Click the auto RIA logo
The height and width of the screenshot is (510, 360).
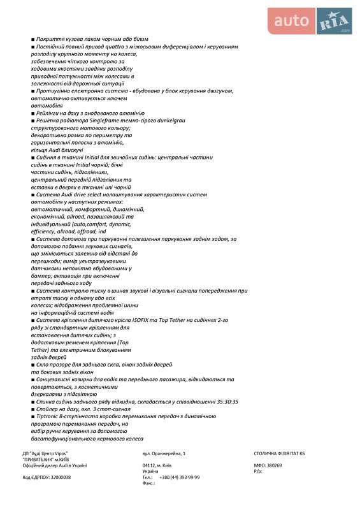(x=312, y=22)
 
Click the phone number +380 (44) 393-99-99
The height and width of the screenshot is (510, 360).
(x=179, y=477)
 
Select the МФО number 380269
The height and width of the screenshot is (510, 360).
(x=273, y=465)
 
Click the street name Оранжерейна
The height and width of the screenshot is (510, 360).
(x=168, y=453)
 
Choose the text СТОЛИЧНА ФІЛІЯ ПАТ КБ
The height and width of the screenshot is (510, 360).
(x=279, y=453)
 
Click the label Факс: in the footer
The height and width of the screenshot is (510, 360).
(x=149, y=483)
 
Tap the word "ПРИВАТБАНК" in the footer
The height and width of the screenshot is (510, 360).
(x=39, y=459)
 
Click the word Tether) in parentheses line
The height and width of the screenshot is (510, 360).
(x=40, y=349)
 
